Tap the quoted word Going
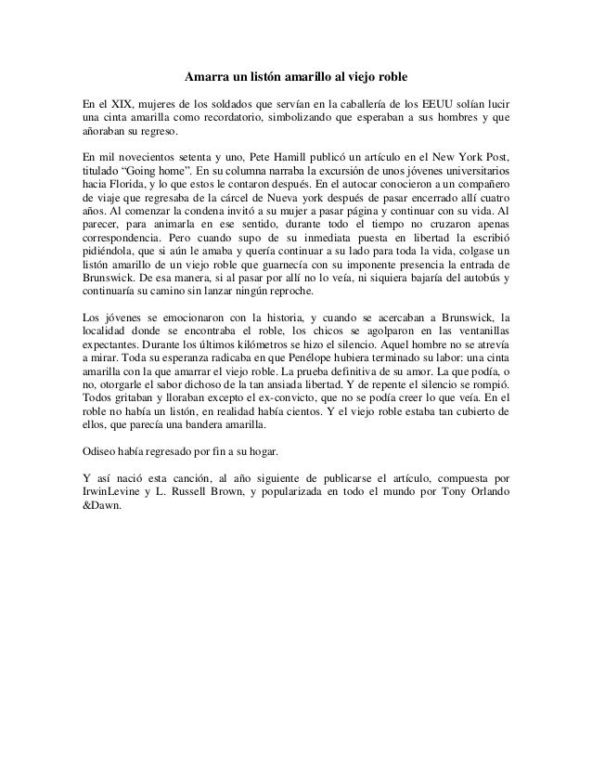point(154,173)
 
